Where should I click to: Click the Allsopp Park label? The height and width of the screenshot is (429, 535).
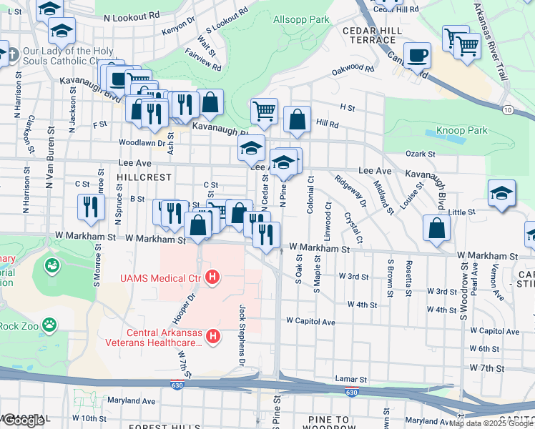[301, 19]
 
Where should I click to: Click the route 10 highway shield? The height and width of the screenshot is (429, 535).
[507, 109]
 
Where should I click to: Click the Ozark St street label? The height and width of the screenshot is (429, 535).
[420, 154]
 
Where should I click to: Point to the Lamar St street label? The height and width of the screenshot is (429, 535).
[350, 379]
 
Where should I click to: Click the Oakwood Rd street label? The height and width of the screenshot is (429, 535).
[353, 71]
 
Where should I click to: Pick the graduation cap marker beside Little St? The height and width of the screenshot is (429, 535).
[501, 192]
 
